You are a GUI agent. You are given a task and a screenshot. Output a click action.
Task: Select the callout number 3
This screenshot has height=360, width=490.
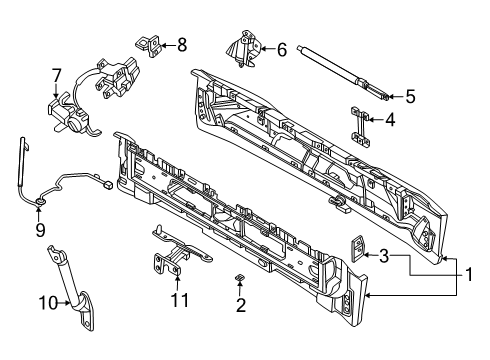(x=383, y=257)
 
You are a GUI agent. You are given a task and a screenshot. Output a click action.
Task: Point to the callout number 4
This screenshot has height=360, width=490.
(x=391, y=121)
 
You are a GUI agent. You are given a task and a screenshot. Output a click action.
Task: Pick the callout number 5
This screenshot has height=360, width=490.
(x=409, y=97)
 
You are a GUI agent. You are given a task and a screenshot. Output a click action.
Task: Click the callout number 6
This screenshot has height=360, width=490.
(x=281, y=47)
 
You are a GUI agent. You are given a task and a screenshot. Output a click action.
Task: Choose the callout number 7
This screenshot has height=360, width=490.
(x=57, y=74)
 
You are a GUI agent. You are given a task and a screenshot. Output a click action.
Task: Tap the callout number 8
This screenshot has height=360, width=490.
(x=181, y=43)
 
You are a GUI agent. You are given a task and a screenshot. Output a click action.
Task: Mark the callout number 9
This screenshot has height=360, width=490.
(x=40, y=229)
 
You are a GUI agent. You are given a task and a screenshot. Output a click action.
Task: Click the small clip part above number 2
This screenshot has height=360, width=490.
(x=239, y=277)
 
